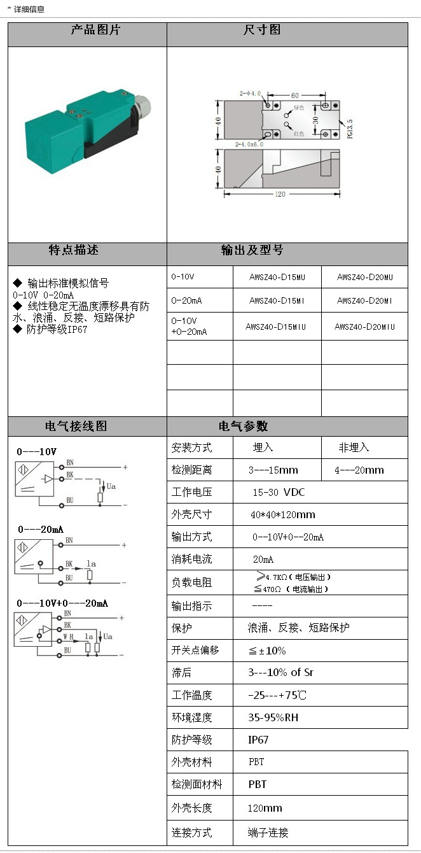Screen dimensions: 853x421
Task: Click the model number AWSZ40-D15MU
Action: [277, 277]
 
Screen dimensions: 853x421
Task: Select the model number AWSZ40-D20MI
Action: [364, 300]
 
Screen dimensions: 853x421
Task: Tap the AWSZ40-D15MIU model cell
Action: [277, 327]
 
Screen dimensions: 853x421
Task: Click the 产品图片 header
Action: [95, 30]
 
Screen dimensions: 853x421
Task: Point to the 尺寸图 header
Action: [262, 30]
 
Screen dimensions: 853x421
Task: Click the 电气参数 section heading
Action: [243, 426]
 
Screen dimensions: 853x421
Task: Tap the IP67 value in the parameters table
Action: [258, 740]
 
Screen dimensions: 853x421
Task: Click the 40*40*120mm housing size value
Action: [283, 514]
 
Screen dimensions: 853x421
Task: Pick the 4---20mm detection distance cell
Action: [359, 470]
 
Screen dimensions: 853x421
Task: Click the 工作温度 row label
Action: [191, 695]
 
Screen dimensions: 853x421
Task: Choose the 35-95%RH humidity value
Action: [273, 717]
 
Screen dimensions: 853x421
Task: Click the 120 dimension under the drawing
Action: [280, 194]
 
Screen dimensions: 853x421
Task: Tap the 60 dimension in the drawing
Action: [295, 95]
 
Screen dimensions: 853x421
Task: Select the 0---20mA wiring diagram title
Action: [41, 529]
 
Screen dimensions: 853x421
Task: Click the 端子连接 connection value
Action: [268, 833]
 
